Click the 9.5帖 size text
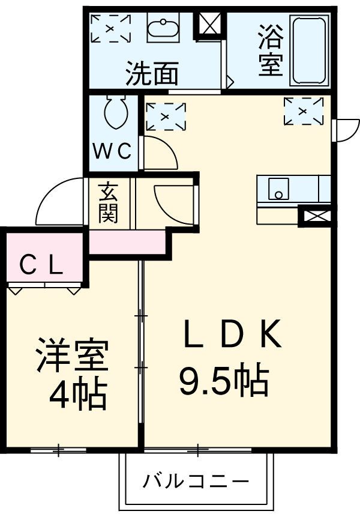(x=223, y=379)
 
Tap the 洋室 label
(x=71, y=355)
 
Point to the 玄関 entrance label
(x=108, y=202)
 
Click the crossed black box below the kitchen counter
(x=314, y=216)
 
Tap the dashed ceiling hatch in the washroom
(x=111, y=28)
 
